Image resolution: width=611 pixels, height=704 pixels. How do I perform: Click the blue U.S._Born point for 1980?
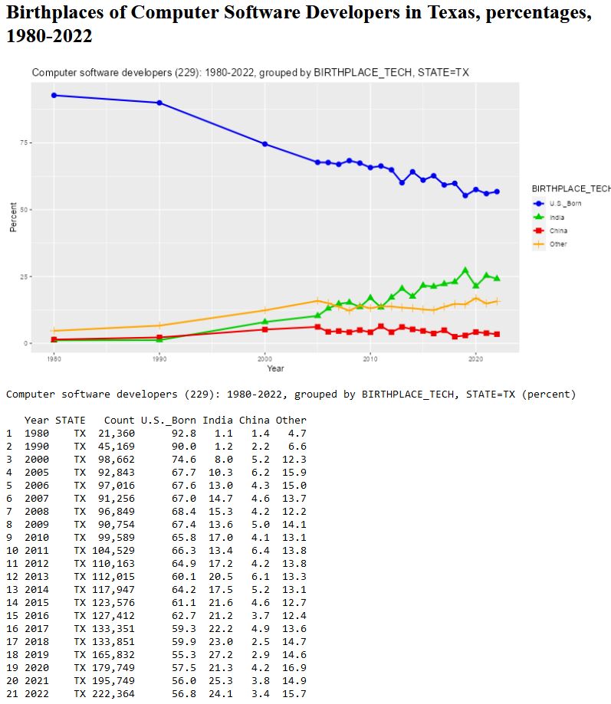coord(54,95)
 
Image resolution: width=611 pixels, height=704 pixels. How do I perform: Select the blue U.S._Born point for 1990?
coord(159,103)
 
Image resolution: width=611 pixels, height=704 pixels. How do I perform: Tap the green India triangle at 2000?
coord(264,322)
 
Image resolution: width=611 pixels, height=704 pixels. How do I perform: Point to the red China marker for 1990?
coord(159,337)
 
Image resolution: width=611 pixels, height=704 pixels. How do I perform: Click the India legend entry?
coord(557,218)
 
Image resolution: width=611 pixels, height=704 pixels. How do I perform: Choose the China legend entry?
coord(558,231)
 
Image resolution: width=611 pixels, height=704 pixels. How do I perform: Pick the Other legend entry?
coord(558,244)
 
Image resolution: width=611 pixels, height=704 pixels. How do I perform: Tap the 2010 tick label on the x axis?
coord(370,358)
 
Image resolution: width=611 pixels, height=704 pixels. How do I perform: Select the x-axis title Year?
coord(275,368)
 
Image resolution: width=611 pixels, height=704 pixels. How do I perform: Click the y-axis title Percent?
coord(13,217)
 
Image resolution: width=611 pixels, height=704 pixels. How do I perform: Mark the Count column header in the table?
coord(119,421)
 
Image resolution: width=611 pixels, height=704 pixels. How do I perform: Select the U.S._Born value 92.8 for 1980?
coord(183,434)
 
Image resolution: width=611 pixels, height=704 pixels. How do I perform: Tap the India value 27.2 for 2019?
coord(220,655)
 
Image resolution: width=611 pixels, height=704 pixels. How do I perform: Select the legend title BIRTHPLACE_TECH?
coord(571,188)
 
